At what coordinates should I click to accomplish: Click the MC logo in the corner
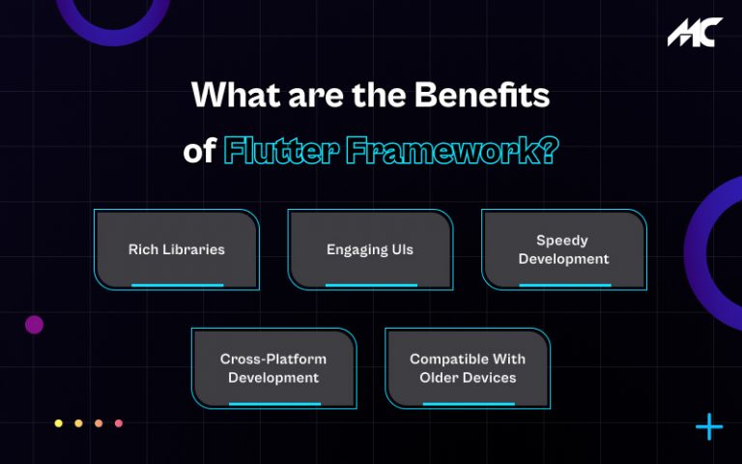(x=694, y=32)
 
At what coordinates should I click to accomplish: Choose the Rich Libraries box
(x=177, y=249)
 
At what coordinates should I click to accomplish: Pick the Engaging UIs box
(x=370, y=249)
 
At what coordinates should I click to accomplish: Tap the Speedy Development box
(x=563, y=249)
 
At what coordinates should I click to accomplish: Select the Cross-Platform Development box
(x=273, y=368)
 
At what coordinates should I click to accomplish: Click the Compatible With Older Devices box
(x=468, y=368)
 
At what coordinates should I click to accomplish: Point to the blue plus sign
(x=709, y=426)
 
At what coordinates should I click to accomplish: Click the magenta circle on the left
(x=35, y=325)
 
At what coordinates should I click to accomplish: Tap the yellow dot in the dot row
(x=59, y=423)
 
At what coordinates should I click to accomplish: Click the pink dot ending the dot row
(x=119, y=423)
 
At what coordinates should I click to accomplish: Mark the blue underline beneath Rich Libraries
(x=177, y=285)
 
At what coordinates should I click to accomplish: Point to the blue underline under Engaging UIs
(x=371, y=285)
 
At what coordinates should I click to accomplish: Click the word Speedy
(x=562, y=240)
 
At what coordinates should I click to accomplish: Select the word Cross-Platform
(x=273, y=359)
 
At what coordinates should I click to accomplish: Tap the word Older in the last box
(x=440, y=377)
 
